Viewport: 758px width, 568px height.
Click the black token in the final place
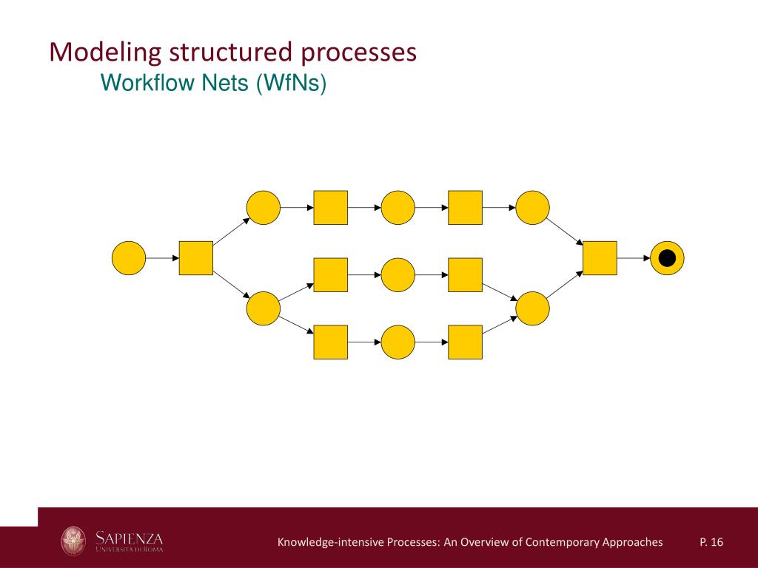pos(667,258)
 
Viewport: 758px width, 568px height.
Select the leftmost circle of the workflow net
pos(129,258)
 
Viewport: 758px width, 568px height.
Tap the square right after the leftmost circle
pos(196,258)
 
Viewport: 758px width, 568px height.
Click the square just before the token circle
pos(600,258)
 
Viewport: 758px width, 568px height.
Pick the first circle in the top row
pos(264,208)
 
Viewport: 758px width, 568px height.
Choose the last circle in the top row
pos(532,208)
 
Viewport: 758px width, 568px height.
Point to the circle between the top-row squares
pos(398,208)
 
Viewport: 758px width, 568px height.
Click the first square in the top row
pos(331,208)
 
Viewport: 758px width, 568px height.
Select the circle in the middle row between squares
pos(398,274)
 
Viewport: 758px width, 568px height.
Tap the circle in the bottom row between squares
pos(398,342)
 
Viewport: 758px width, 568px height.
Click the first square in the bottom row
pos(331,342)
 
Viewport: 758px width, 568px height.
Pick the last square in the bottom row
pos(465,342)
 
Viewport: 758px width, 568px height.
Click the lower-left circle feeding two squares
pos(264,308)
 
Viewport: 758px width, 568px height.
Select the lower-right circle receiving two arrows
pos(532,308)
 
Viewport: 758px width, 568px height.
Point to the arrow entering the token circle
pos(634,258)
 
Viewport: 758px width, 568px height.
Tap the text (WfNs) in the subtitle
pos(291,84)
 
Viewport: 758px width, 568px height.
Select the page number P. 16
pos(711,543)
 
